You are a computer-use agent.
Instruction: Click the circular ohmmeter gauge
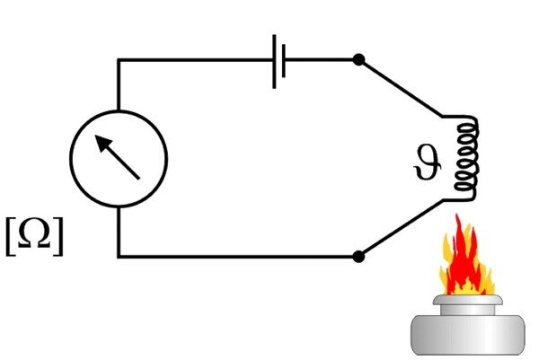coord(119,158)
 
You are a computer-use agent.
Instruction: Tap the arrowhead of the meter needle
coord(102,142)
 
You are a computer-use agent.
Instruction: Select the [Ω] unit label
coord(34,235)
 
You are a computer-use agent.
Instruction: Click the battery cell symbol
coord(279,60)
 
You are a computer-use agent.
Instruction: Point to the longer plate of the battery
coord(274,60)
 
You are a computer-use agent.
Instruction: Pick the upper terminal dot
coord(358,60)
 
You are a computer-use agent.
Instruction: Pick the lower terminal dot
coord(358,257)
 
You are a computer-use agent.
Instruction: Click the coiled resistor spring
coord(465,156)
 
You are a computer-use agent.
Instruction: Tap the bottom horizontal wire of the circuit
coord(238,257)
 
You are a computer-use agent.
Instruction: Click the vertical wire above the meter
coord(119,85)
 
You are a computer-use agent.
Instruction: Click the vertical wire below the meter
coord(119,232)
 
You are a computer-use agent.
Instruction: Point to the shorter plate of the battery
coord(285,60)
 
